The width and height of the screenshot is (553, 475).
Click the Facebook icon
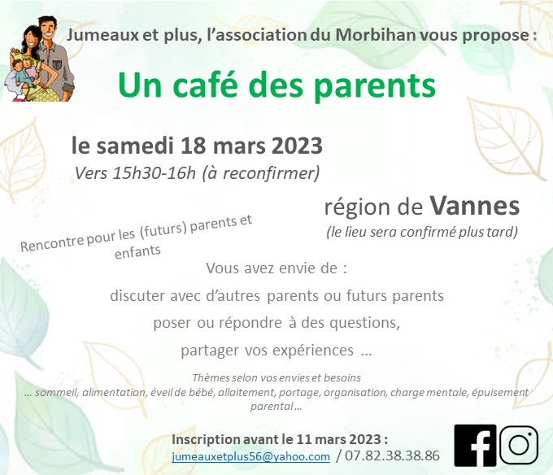pos(475,446)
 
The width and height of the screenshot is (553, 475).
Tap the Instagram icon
pos(519,445)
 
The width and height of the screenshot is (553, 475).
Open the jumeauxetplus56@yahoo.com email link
pos(250,456)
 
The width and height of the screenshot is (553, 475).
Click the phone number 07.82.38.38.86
pos(392,455)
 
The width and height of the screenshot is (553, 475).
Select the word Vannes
pos(474,206)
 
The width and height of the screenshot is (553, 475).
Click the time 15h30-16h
pos(154,172)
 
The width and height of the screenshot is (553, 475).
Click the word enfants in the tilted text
pos(137,252)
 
